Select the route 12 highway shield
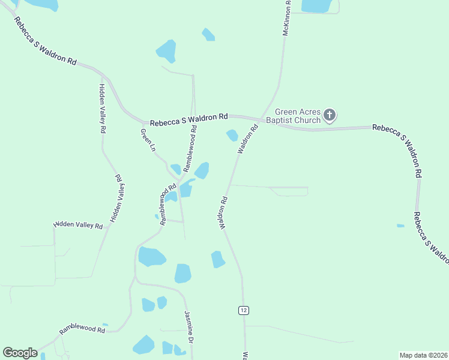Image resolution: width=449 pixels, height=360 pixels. click(243, 310)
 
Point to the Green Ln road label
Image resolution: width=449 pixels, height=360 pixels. click(148, 140)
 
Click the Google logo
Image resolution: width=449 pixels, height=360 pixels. click(20, 353)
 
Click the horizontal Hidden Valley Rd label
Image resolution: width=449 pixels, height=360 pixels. click(78, 225)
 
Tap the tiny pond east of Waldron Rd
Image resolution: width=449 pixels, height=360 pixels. click(400, 226)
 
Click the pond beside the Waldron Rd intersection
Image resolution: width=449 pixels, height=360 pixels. click(232, 136)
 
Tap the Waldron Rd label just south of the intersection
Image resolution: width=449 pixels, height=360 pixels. click(248, 140)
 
